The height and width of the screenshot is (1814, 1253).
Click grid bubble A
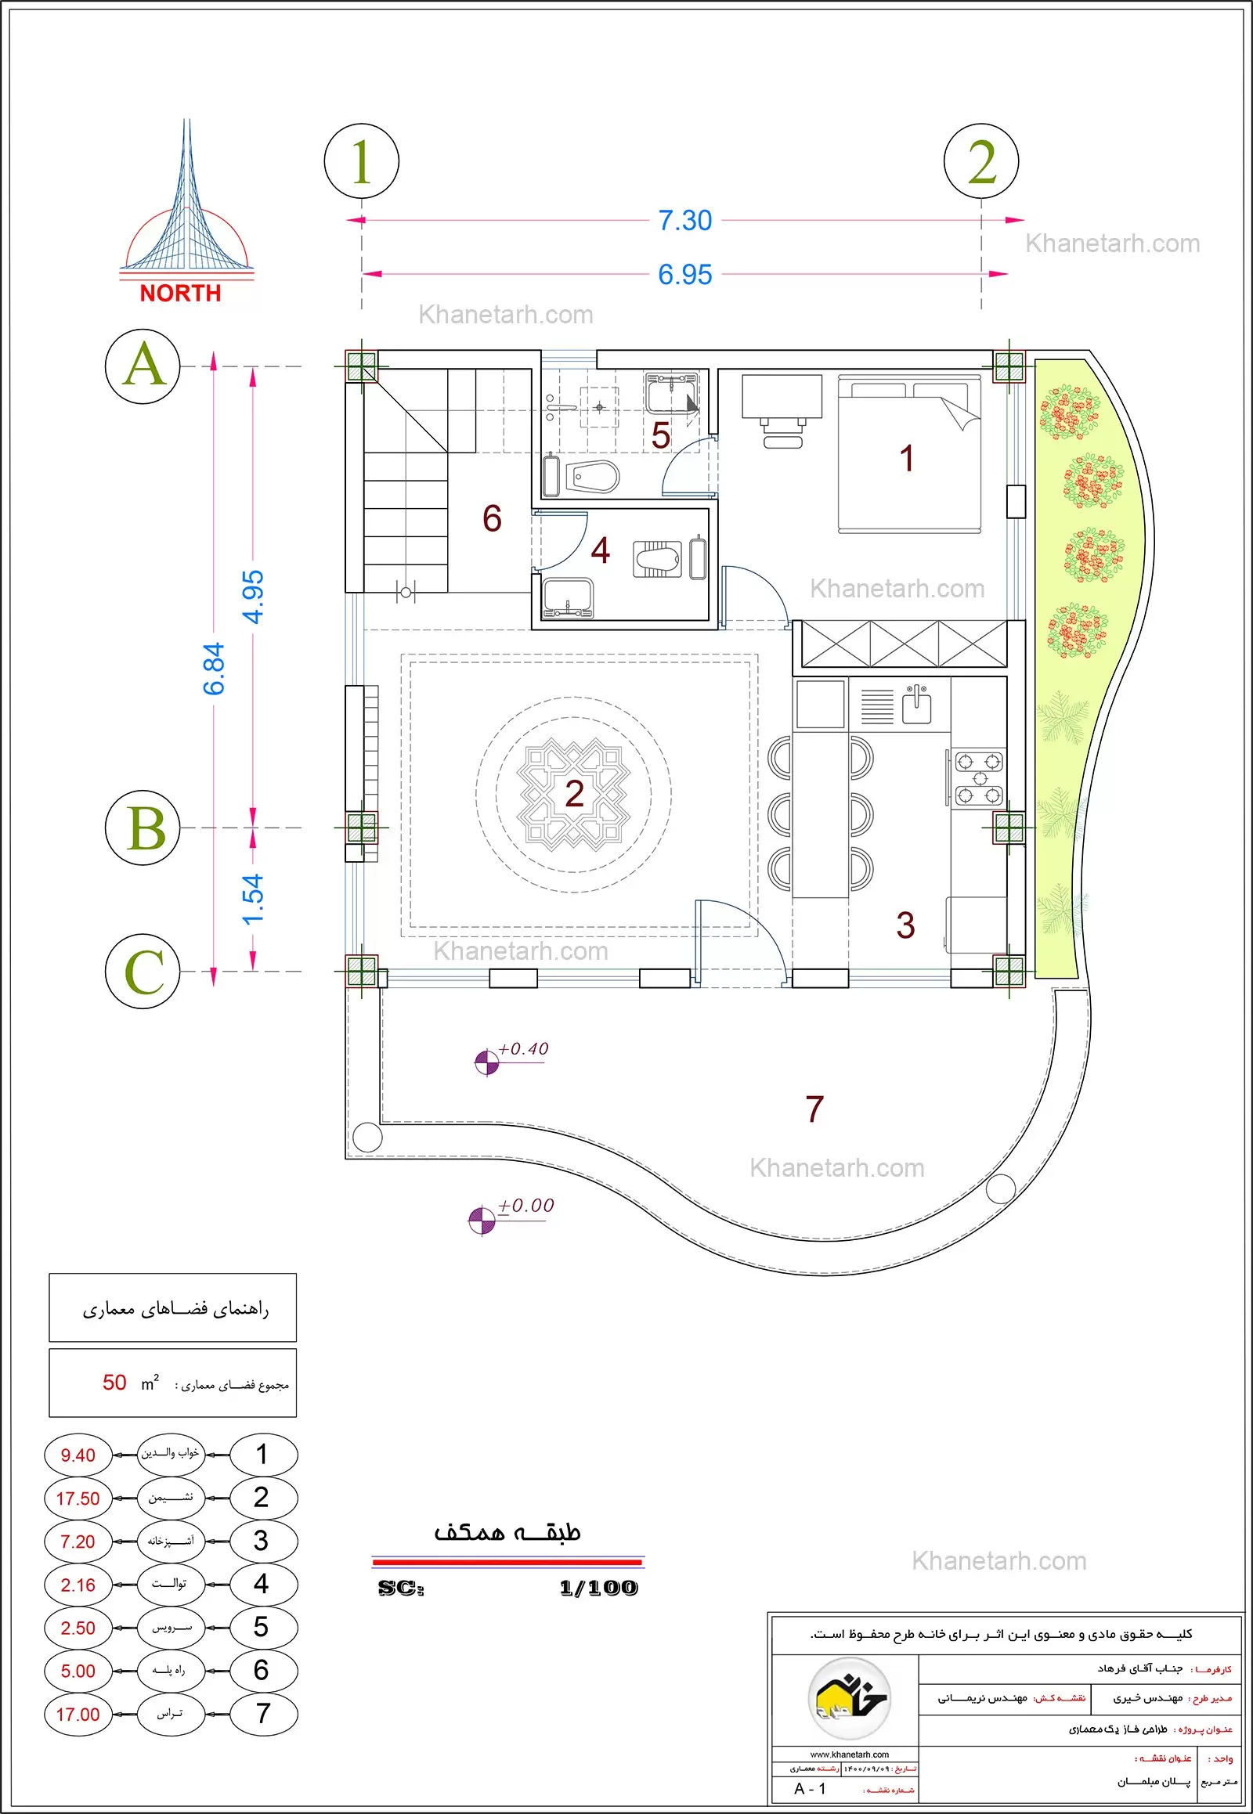point(143,366)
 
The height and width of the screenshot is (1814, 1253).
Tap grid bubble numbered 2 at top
point(980,162)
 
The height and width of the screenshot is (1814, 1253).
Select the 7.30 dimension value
point(684,221)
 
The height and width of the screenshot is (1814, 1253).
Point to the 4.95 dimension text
point(253,597)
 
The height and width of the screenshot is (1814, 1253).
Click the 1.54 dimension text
point(253,900)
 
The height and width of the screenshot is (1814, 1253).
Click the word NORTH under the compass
point(181,294)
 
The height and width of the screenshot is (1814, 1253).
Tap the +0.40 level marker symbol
point(487,1062)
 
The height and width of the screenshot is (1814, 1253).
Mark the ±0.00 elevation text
point(526,1205)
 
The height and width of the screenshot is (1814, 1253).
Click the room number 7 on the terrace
point(814,1109)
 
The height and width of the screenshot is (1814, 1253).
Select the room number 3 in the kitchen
point(905,925)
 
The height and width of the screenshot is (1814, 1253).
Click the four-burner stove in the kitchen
point(979,778)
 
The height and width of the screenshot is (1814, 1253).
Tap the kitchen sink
point(916,705)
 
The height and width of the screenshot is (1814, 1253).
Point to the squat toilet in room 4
point(658,558)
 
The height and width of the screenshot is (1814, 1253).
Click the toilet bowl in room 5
point(592,477)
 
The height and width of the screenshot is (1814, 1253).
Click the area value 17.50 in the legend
point(78,1498)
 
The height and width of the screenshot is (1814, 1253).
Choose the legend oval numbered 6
point(262,1670)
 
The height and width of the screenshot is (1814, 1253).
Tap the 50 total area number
point(114,1383)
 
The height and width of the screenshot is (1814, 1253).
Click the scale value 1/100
point(598,1588)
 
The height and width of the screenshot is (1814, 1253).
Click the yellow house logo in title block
point(848,1698)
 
